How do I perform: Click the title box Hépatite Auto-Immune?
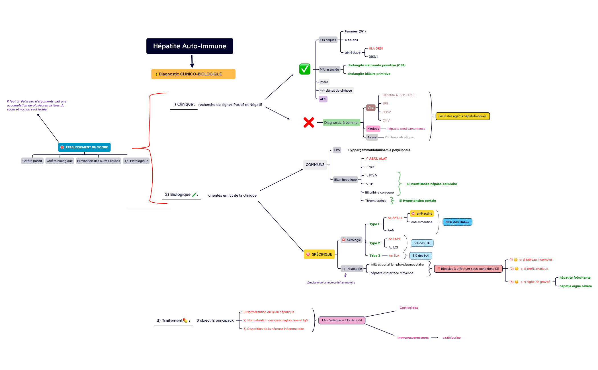pos(190,46)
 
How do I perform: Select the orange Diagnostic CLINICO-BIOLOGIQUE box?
pos(193,74)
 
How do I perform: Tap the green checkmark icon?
pos(304,69)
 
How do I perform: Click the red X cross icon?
pos(309,122)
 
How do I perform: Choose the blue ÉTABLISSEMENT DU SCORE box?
pos(84,147)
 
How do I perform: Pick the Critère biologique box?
pos(60,161)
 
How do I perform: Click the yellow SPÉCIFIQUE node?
pos(319,254)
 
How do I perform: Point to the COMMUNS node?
pos(315,165)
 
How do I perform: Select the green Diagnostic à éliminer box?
pos(341,123)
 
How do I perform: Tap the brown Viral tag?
pos(371,108)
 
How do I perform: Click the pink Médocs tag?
pos(373,129)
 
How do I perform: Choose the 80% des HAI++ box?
pos(457,222)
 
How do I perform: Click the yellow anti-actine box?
pos(422,213)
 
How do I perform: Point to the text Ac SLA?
pos(394,256)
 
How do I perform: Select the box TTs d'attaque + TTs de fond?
pos(342,320)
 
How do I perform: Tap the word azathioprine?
pos(451,338)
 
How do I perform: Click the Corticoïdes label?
pos(409,308)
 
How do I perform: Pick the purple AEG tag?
pos(323,99)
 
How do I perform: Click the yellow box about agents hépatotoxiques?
pos(462,116)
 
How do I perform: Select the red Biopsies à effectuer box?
pos(468,269)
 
